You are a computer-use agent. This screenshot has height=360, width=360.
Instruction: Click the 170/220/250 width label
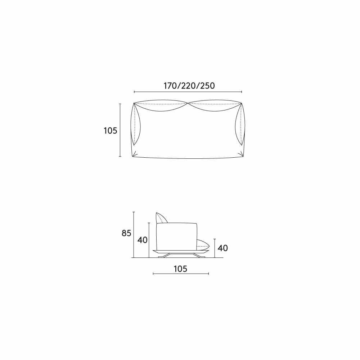[x=189, y=86]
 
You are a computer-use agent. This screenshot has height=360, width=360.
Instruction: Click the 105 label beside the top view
[x=111, y=131]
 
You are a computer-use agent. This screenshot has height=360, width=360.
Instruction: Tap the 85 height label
[x=126, y=233]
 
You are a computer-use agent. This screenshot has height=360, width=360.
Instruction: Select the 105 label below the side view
[x=180, y=269]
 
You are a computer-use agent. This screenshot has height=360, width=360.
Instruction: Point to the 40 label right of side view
[x=223, y=248]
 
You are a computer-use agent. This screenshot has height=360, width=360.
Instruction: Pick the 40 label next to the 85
[x=142, y=240]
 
